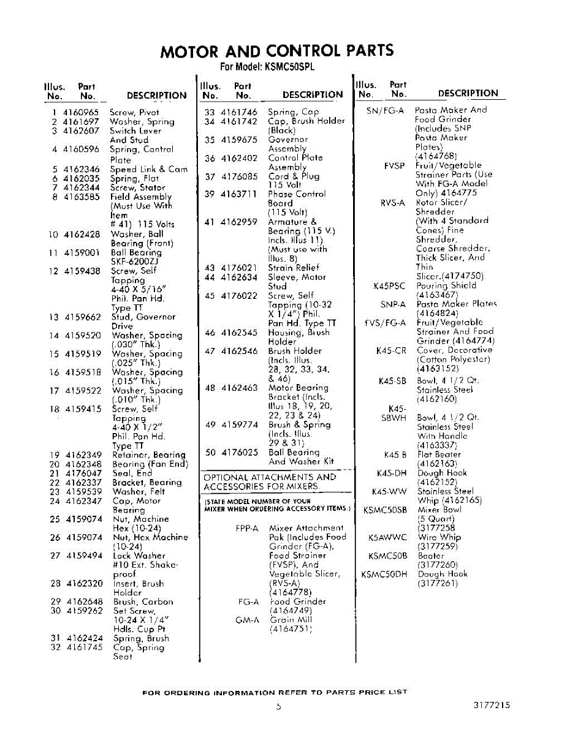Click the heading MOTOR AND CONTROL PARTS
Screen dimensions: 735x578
click(x=276, y=51)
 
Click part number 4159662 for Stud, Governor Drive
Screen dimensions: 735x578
click(x=83, y=317)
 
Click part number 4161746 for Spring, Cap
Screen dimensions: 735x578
click(x=239, y=112)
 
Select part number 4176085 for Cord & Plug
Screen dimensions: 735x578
click(x=239, y=176)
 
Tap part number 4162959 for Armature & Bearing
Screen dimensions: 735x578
click(x=239, y=222)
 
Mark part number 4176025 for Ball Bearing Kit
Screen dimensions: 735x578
click(x=239, y=453)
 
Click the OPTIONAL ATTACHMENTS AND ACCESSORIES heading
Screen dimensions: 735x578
click(x=270, y=482)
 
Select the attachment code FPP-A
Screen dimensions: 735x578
click(x=247, y=528)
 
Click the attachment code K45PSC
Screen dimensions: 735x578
click(x=390, y=286)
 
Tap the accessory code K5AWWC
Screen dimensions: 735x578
click(x=387, y=538)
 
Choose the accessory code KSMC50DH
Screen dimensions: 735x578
click(x=384, y=575)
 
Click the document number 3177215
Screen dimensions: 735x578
click(x=492, y=705)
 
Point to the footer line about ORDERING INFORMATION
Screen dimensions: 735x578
click(x=275, y=692)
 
